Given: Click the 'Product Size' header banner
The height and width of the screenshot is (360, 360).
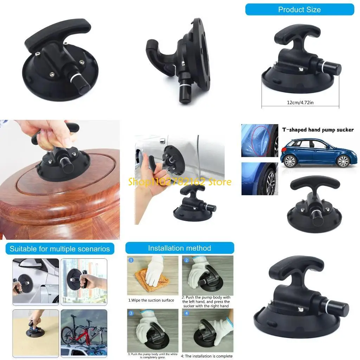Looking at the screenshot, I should coord(299,9).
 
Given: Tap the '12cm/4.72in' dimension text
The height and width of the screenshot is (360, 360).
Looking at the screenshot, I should coord(300,103).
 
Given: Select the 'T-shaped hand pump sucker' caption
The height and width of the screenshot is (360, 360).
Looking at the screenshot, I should coord(318,130).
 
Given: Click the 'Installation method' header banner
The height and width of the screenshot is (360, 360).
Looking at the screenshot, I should coord(179,248).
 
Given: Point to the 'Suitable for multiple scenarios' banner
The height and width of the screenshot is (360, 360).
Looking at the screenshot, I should coord(60,249).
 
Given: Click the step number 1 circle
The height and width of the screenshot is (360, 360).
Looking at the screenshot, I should coord(131,261).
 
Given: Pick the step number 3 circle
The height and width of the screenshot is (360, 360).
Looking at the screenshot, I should coord(131,313).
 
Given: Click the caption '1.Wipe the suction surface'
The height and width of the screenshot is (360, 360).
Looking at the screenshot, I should coord(151,300).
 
